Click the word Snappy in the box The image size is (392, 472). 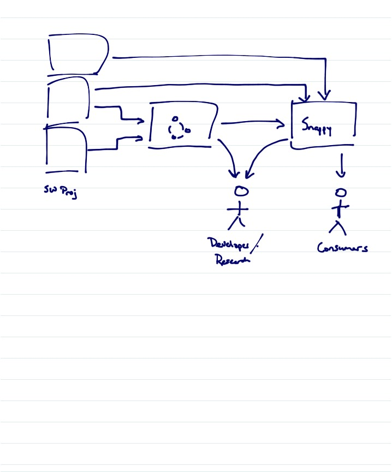pyautogui.click(x=317, y=128)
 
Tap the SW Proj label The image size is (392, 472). pyautogui.click(x=61, y=192)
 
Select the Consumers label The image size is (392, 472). pyautogui.click(x=342, y=248)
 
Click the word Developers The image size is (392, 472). pyautogui.click(x=228, y=244)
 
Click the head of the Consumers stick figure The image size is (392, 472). pyautogui.click(x=341, y=192)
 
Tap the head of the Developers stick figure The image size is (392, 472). pyautogui.click(x=241, y=191)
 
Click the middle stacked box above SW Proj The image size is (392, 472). pyautogui.click(x=68, y=98)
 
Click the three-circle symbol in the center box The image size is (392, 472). pyautogui.click(x=177, y=128)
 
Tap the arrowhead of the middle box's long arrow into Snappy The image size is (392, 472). pyautogui.click(x=305, y=97)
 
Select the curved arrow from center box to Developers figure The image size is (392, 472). pyautogui.click(x=230, y=156)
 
